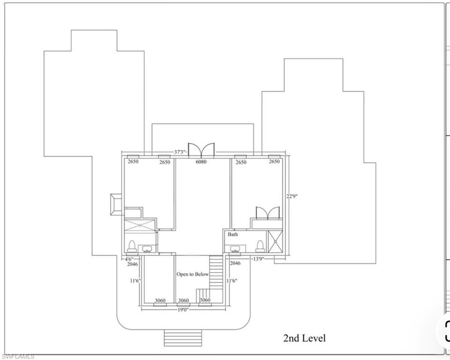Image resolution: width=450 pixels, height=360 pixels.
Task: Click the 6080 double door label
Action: point(203,162)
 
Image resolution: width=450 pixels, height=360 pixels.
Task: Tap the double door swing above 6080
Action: point(201,150)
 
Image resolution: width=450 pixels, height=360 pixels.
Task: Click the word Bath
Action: point(233,234)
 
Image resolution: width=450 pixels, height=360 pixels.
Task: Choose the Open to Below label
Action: point(192,274)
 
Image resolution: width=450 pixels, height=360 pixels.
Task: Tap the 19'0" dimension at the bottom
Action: point(183,309)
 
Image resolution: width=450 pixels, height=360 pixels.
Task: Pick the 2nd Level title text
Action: point(304,338)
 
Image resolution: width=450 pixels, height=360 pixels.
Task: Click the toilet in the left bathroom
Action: point(132,246)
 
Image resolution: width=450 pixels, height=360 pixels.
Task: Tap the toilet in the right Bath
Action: point(260,246)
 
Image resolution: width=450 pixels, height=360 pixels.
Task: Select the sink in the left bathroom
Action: point(147,248)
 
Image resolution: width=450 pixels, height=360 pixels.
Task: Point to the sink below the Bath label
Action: point(235,248)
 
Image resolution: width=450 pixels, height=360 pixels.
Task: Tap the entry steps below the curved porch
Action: point(183,337)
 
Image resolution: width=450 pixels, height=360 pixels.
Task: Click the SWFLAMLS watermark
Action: point(17,357)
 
